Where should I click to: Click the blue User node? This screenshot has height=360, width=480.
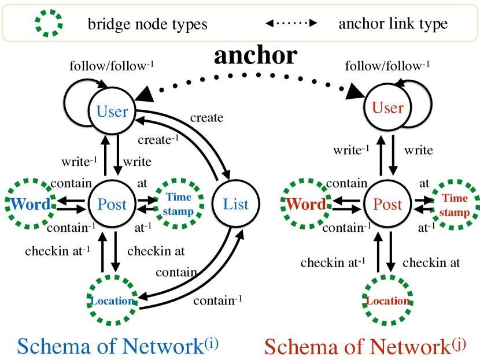112,110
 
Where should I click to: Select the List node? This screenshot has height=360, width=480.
235,204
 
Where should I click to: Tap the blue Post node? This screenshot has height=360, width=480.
112,204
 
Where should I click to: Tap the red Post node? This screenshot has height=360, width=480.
387,205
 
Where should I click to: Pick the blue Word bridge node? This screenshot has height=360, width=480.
31,204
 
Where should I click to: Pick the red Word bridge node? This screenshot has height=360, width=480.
306,205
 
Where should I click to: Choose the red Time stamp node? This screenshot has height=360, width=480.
455,205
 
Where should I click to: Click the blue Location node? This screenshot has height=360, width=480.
113,300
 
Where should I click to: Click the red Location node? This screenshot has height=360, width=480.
388,301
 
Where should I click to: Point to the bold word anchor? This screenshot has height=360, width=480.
256,55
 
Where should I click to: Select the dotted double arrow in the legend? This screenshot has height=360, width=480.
291,24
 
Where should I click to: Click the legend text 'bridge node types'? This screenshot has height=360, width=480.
147,24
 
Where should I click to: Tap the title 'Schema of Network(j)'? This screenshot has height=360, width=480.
365,346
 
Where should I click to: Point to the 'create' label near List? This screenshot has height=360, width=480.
206,118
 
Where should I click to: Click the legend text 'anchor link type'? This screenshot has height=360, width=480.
393,24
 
